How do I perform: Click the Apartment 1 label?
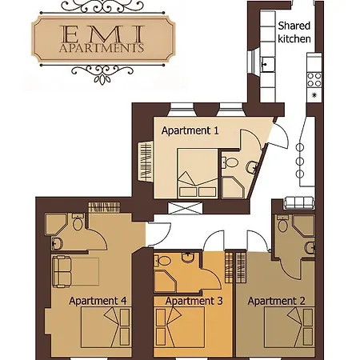[190, 130]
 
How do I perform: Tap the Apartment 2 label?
[276, 301]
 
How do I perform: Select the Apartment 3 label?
[194, 301]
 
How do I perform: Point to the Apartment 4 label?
[98, 301]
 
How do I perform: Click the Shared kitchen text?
[294, 32]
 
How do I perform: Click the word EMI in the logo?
[102, 34]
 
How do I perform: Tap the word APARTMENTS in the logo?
[102, 48]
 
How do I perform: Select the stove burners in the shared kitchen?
[314, 80]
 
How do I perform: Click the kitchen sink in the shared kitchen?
[267, 64]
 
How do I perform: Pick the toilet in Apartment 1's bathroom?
[230, 162]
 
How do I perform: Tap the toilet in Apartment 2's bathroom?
[282, 223]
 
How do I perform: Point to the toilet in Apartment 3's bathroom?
[162, 260]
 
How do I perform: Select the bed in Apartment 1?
[198, 174]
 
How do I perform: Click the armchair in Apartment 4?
[62, 271]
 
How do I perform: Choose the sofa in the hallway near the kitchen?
[298, 202]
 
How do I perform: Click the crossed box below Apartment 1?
[186, 208]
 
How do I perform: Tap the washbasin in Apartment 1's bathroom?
[252, 167]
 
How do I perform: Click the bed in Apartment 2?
[290, 327]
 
